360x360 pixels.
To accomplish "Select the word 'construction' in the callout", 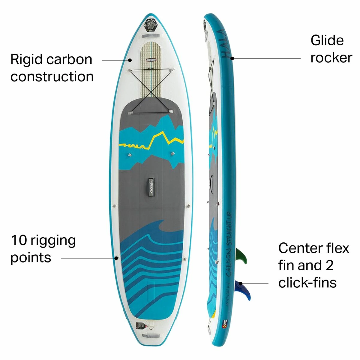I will [x=52, y=76].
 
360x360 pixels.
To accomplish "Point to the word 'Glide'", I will [x=327, y=40].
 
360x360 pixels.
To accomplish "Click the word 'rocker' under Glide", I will [x=331, y=58].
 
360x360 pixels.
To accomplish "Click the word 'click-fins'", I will [x=307, y=283].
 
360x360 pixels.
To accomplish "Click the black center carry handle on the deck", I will [x=151, y=187].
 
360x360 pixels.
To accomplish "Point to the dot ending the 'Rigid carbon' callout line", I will [x=130, y=60].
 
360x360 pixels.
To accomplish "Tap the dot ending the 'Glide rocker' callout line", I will [x=232, y=58].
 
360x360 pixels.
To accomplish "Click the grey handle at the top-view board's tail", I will [x=149, y=335].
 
